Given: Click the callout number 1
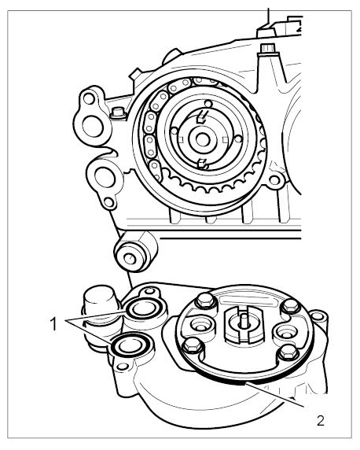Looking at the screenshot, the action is (x=53, y=324).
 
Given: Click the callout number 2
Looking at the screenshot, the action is (x=320, y=421).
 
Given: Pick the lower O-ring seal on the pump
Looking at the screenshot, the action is (x=131, y=345).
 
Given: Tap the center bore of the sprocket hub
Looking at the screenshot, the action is (x=203, y=139).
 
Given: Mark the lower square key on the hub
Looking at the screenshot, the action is (x=203, y=164).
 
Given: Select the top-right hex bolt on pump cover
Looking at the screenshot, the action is (x=290, y=306).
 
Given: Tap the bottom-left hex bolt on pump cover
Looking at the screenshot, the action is (x=193, y=345).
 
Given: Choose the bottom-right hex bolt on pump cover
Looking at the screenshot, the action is (x=288, y=353).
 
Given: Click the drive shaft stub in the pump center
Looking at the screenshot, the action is (x=244, y=319).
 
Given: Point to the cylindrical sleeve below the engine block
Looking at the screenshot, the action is (x=136, y=252).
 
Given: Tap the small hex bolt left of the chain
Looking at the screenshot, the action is (x=118, y=112).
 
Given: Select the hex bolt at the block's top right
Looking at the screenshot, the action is (x=268, y=48).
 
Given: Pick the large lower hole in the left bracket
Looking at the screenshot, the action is (x=105, y=177).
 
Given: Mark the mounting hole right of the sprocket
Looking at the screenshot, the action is (x=274, y=180).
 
